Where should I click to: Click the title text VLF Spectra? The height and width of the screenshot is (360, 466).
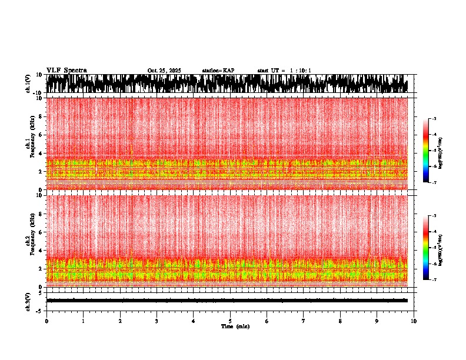[x=66, y=70]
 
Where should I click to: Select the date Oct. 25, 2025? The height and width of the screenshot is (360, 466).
[x=164, y=71]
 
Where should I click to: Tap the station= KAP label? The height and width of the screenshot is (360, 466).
[x=218, y=71]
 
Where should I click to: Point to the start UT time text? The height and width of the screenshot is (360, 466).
[x=284, y=71]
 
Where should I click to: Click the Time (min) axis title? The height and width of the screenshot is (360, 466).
[x=235, y=326]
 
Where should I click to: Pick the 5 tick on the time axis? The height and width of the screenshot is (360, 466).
[x=230, y=321]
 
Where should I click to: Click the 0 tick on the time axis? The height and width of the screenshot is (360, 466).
[x=46, y=321]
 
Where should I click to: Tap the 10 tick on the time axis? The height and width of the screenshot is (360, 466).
[x=414, y=321]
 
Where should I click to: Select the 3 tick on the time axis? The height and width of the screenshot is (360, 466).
[x=157, y=321]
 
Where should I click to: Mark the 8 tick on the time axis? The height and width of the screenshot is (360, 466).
[x=341, y=321]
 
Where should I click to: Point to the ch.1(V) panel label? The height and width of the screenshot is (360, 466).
[x=28, y=84]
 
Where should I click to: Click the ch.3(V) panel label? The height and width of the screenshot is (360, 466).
[x=28, y=300]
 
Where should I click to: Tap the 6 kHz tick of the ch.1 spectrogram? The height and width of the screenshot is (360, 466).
[x=41, y=135]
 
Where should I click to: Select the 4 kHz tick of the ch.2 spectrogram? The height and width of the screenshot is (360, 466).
[x=41, y=250]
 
